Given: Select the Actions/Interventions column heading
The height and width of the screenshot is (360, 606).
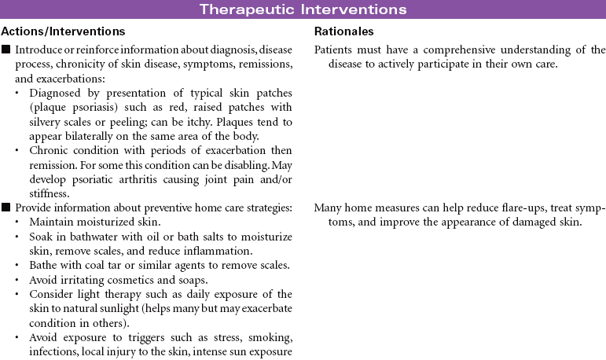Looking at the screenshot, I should [63, 32].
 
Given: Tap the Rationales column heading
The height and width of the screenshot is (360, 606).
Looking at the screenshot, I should [343, 32].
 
